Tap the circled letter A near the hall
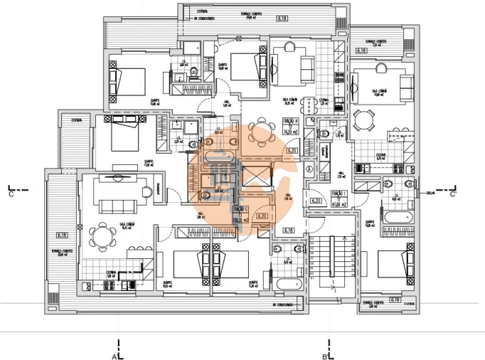(x=309, y=169)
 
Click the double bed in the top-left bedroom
(x=129, y=80)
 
